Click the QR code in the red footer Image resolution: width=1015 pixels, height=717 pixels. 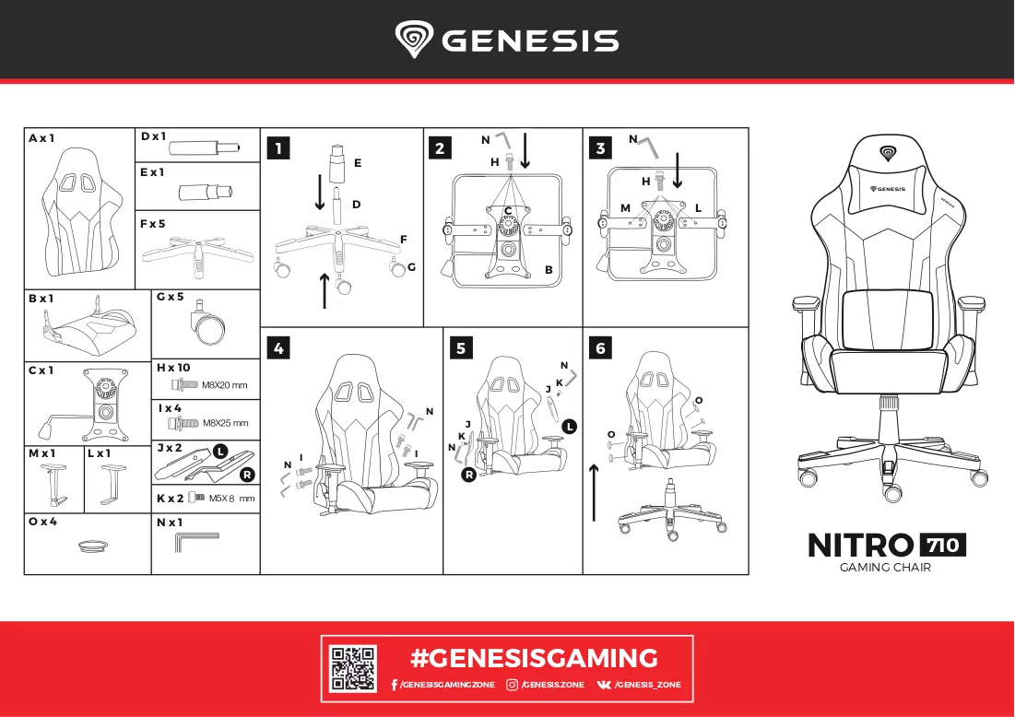coord(353,668)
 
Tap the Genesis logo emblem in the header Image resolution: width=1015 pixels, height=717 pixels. coord(414,39)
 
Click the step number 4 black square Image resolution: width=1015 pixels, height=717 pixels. coord(278,348)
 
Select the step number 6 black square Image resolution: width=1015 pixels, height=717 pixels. coord(601,348)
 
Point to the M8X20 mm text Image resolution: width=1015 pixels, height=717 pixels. coord(225,385)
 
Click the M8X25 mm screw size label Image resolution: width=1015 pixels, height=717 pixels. coord(226,423)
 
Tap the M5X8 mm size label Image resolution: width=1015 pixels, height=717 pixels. coord(231,499)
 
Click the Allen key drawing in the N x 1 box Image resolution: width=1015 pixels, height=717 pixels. coord(196,542)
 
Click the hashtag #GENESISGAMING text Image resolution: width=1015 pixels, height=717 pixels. coord(534,658)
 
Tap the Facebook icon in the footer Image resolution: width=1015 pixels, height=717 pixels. coord(395,685)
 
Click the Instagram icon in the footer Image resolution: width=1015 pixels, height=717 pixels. coord(512,685)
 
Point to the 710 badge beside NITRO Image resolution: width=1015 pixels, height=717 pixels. coord(942,545)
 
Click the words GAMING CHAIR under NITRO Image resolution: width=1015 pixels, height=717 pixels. coord(885,568)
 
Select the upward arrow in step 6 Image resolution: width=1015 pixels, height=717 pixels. coord(595,492)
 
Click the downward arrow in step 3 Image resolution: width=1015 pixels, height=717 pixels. coord(677,170)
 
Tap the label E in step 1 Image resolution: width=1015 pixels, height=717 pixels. coord(358,163)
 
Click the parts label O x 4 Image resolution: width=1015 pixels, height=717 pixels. coord(42,522)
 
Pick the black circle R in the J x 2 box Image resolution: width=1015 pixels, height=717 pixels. coord(247,475)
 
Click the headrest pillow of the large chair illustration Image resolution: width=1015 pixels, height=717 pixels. coord(888,188)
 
